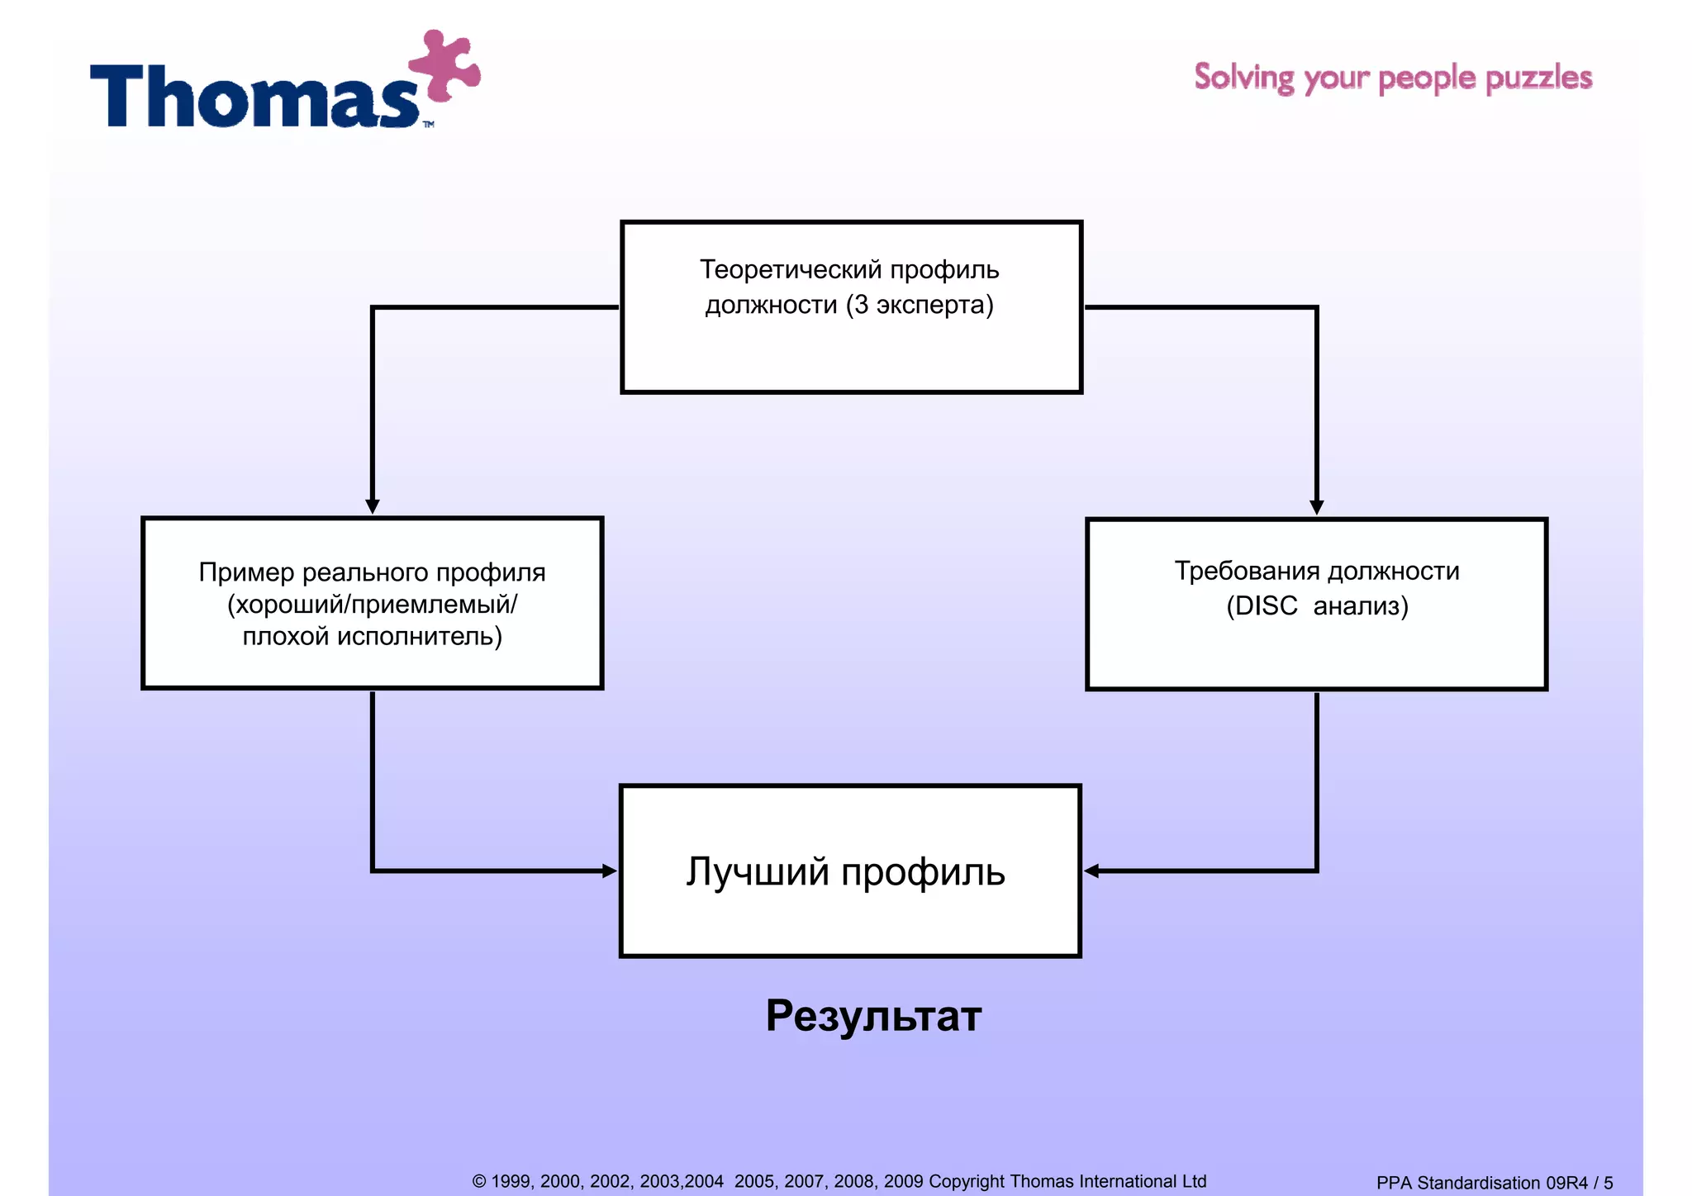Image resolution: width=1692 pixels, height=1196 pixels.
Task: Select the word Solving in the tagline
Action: [1243, 78]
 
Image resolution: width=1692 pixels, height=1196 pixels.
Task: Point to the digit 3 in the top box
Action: [861, 305]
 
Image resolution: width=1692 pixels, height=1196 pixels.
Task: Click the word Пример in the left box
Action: [246, 572]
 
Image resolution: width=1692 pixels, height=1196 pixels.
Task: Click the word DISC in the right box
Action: [1266, 606]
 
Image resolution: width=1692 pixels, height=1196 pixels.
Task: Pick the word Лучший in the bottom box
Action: [757, 872]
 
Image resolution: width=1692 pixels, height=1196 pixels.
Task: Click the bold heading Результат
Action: [873, 1016]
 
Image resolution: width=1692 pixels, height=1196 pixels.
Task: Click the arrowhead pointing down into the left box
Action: [373, 505]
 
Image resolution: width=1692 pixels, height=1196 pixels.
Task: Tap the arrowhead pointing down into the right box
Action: [1317, 506]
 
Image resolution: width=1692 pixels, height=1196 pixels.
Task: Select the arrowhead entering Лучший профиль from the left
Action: [610, 871]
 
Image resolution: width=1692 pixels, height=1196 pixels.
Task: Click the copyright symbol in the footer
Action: [479, 1182]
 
